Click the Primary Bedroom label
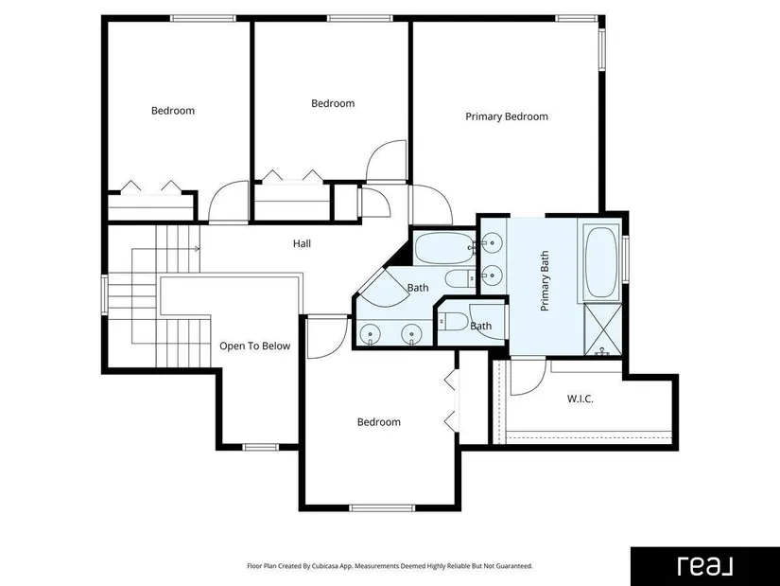point(507,116)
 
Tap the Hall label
point(302,243)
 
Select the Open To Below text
point(254,346)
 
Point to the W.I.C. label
point(580,399)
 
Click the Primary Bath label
point(545,281)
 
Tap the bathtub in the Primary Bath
point(602,262)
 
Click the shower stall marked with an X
point(602,329)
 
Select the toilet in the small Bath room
point(453,322)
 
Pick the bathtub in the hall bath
point(444,248)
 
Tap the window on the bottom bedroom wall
point(382,507)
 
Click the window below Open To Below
point(261,447)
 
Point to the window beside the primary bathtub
point(625,259)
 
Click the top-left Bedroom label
point(173,111)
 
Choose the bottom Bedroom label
point(379,422)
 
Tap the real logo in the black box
point(705,566)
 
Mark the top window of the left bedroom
point(203,18)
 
